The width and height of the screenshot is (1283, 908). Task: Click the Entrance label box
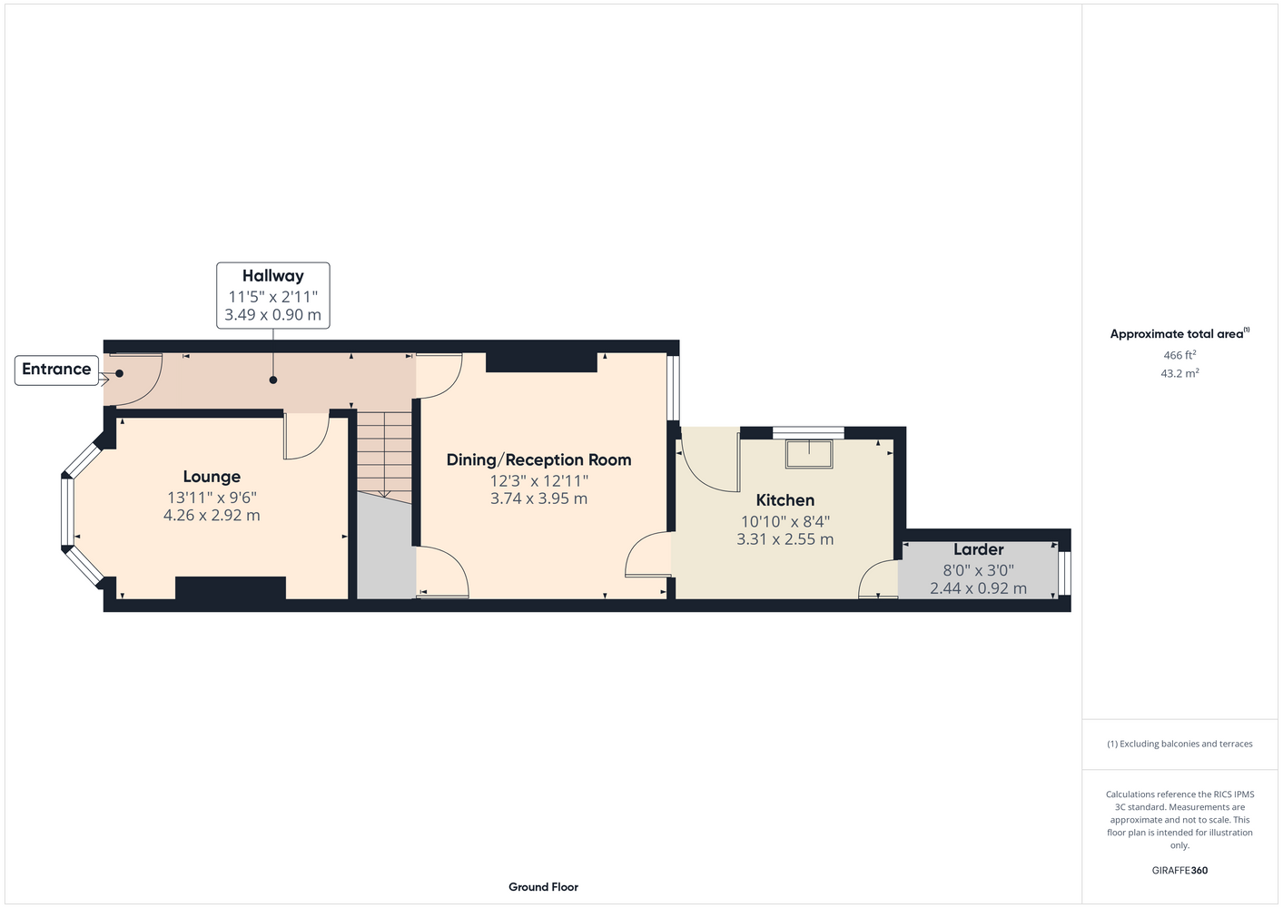[56, 370]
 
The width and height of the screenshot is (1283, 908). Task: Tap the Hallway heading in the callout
[272, 276]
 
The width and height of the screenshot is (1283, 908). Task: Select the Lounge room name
[212, 477]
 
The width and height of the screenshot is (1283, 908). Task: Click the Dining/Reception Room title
[538, 460]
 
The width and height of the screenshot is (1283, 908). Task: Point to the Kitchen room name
[785, 500]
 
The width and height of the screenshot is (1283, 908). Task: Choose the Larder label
[978, 549]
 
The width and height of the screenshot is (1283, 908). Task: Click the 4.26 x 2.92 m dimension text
[212, 515]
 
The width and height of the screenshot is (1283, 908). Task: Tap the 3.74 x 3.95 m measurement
[538, 498]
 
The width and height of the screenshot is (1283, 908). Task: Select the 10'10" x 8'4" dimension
[785, 521]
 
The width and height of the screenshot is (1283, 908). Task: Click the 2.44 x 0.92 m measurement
[978, 588]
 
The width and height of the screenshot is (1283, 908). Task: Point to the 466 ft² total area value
[1179, 355]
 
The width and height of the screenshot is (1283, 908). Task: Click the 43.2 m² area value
[1179, 373]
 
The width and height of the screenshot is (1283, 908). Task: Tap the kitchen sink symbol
[809, 454]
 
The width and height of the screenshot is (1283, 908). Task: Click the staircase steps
[384, 457]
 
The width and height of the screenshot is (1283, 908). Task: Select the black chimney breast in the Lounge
[231, 587]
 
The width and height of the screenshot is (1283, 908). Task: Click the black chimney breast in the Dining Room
[541, 362]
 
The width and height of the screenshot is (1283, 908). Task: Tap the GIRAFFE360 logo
[1179, 870]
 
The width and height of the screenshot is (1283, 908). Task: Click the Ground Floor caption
[543, 887]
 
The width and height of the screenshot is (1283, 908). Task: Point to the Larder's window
[1064, 573]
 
